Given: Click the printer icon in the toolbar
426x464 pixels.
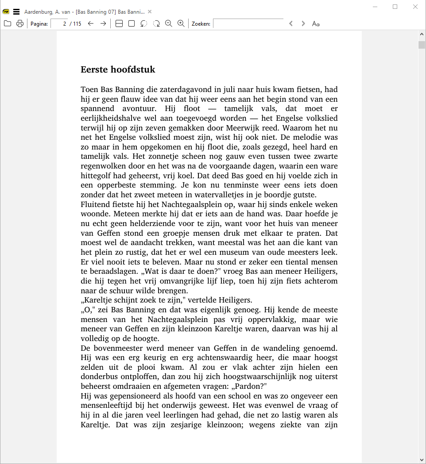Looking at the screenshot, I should (x=20, y=23).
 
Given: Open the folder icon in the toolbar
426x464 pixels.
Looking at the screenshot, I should (x=8, y=23).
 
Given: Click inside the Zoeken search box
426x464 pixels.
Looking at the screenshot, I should (x=248, y=23).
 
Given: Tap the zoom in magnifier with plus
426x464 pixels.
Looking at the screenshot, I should (x=181, y=23).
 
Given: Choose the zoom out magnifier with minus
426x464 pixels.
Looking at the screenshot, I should (x=168, y=23).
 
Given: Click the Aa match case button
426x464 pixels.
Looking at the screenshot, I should (x=316, y=23).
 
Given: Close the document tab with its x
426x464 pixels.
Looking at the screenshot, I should (x=150, y=12).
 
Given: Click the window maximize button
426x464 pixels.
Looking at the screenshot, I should (x=395, y=7).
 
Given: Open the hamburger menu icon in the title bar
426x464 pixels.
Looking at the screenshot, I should (x=16, y=12).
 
